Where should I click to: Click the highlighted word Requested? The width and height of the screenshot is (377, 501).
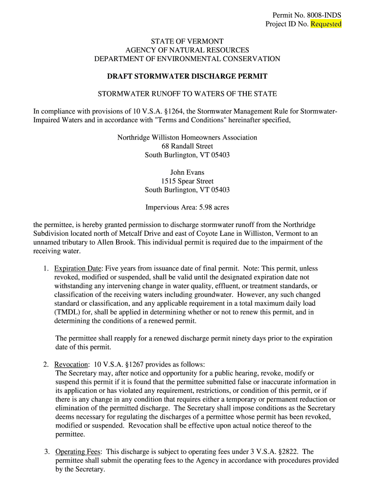pyautogui.click(x=326, y=24)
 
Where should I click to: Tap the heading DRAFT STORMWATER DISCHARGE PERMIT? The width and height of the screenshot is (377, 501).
pyautogui.click(x=187, y=76)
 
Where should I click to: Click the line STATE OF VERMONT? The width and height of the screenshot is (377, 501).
pyautogui.click(x=187, y=42)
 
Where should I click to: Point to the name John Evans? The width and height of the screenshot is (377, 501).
pyautogui.click(x=187, y=172)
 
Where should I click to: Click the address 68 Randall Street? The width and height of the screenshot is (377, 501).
pyautogui.click(x=187, y=146)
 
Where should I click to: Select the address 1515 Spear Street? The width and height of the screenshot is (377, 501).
pyautogui.click(x=187, y=181)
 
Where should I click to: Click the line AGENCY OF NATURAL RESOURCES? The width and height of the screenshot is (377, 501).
pyautogui.click(x=187, y=50)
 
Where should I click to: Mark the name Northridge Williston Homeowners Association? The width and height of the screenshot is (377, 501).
pyautogui.click(x=187, y=137)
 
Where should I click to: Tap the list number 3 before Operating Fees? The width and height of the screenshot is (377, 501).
pyautogui.click(x=45, y=452)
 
